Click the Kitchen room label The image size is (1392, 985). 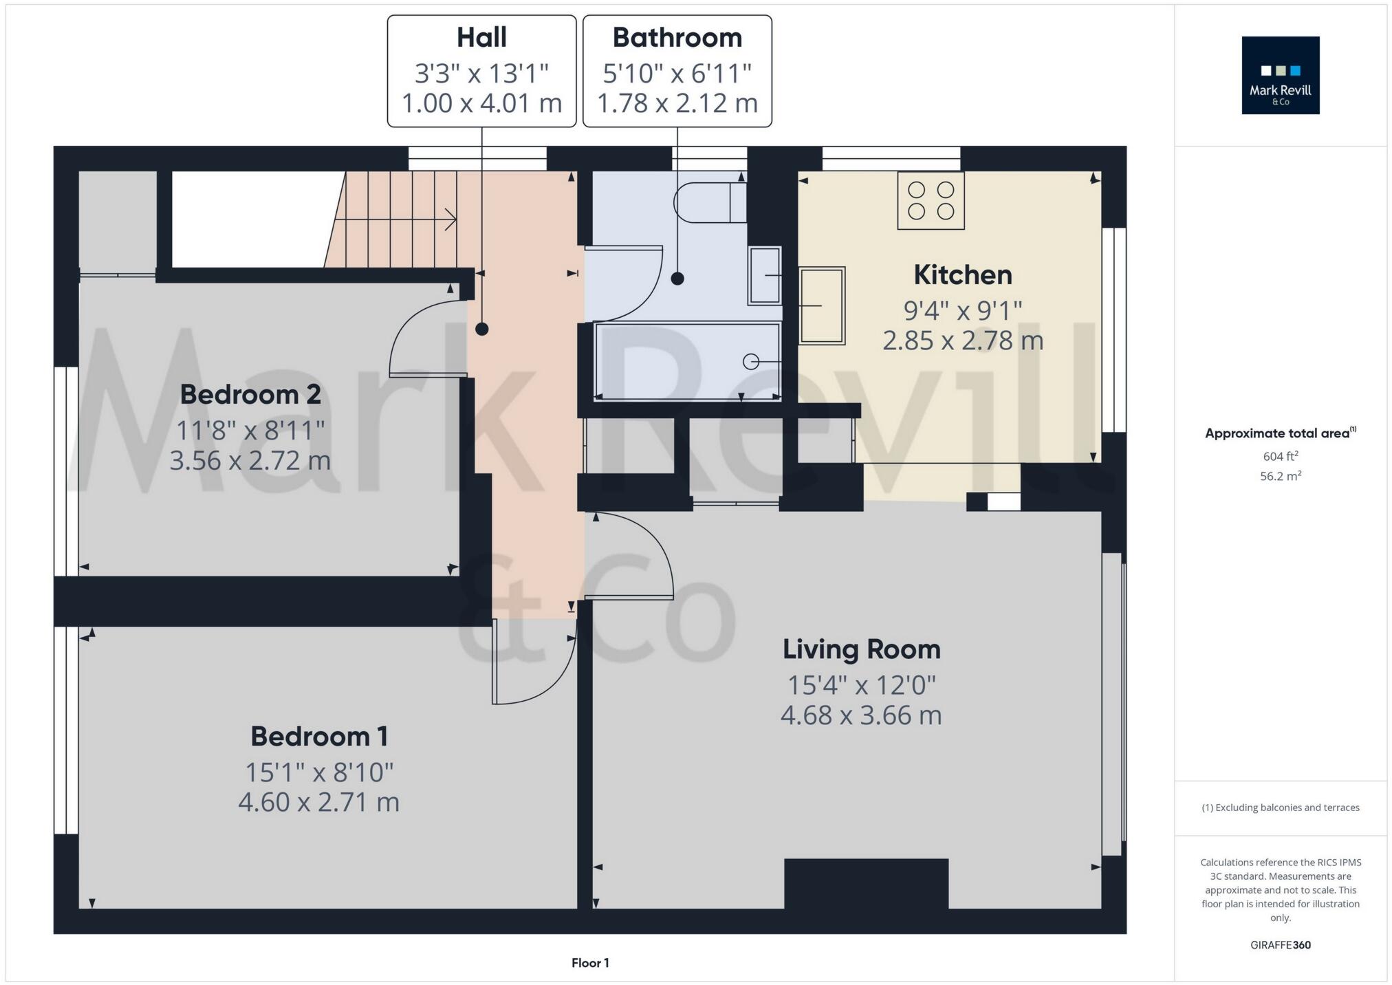tap(962, 275)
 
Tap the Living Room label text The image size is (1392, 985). tap(861, 649)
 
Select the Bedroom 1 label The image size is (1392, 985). tap(319, 737)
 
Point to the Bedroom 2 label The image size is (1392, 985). tap(250, 395)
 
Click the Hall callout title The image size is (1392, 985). tap(481, 38)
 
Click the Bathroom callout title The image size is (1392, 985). tap(677, 38)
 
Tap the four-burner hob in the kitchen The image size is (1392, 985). tap(931, 200)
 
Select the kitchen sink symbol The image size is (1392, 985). tap(822, 305)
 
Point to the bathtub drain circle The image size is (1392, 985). tap(751, 361)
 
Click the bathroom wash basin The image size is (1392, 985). tap(765, 275)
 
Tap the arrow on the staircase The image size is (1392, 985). tap(450, 219)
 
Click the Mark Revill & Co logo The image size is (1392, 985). tap(1280, 76)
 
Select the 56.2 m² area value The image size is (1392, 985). tap(1280, 476)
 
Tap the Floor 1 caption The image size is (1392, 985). tap(590, 963)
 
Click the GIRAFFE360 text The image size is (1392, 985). tap(1280, 945)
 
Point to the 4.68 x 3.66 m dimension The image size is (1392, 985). tap(861, 715)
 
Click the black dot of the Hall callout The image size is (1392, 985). tap(481, 329)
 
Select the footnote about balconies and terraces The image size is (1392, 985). tap(1280, 808)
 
